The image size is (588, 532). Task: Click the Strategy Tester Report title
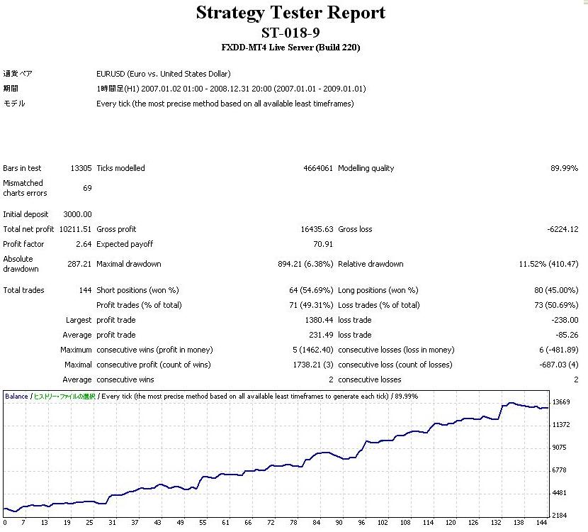[290, 13]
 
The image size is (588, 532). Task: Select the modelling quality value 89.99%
[565, 168]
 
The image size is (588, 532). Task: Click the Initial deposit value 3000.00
[78, 214]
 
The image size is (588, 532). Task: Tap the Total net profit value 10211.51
[76, 229]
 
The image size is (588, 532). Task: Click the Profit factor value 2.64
[84, 244]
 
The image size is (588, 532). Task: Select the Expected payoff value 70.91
[323, 244]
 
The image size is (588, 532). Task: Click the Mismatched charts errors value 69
[87, 187]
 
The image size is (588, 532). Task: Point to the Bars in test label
[23, 168]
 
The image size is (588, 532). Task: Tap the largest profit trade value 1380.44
[318, 320]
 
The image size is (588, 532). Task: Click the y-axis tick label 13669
[561, 402]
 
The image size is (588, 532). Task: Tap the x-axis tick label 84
[316, 523]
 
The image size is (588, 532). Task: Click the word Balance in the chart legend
[17, 396]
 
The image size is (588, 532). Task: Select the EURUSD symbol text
[110, 73]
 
